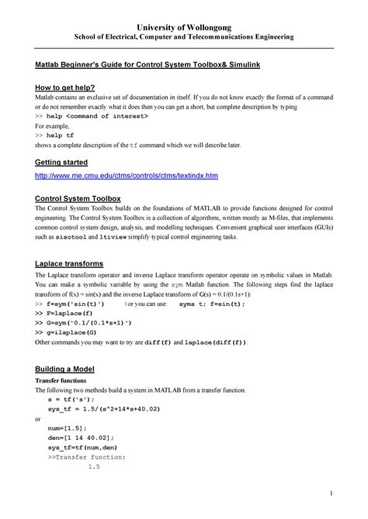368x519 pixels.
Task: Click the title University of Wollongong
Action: point(184,24)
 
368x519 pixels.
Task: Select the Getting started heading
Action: point(57,163)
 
